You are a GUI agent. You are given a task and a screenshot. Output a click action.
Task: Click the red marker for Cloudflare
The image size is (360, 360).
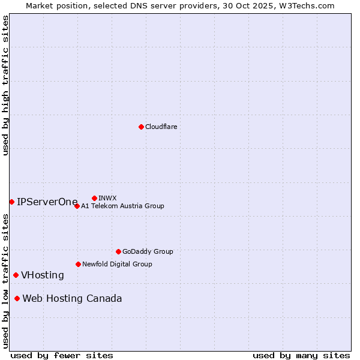[141, 127]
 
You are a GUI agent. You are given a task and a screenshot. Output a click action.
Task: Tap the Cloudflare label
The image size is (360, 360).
[161, 127]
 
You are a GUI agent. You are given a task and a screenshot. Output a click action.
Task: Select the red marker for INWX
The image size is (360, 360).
[94, 198]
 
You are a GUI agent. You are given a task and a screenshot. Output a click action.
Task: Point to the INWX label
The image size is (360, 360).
[107, 198]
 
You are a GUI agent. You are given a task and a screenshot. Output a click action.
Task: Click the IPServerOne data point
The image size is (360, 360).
[11, 202]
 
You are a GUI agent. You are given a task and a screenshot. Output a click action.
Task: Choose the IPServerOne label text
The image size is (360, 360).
[47, 202]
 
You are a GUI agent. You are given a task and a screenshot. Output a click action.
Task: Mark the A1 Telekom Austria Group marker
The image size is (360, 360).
[77, 206]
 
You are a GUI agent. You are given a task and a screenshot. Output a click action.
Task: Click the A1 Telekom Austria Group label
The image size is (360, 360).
[122, 206]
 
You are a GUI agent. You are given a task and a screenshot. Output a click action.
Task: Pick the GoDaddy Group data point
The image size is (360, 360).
[118, 251]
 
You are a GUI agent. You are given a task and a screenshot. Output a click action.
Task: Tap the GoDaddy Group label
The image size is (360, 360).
[147, 251]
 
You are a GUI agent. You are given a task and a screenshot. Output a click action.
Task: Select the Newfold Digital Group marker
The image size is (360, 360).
[78, 264]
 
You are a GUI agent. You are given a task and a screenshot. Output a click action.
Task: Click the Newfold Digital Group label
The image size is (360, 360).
[117, 264]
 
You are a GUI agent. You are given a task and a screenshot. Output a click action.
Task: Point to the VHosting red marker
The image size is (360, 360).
[16, 275]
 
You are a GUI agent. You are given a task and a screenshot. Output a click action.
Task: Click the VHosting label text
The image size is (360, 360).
[43, 275]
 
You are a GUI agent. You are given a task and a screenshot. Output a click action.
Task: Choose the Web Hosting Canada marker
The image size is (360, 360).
[17, 298]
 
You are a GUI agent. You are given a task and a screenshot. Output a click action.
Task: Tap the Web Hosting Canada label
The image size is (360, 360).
[72, 299]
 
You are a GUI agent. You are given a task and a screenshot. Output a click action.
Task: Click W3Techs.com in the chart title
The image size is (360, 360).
[310, 5]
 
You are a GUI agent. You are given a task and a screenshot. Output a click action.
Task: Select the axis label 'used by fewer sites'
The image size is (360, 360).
[62, 355]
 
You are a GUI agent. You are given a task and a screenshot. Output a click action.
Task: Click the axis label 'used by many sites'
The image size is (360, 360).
[301, 355]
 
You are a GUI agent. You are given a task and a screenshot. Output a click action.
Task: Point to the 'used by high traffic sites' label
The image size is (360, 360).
[5, 85]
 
